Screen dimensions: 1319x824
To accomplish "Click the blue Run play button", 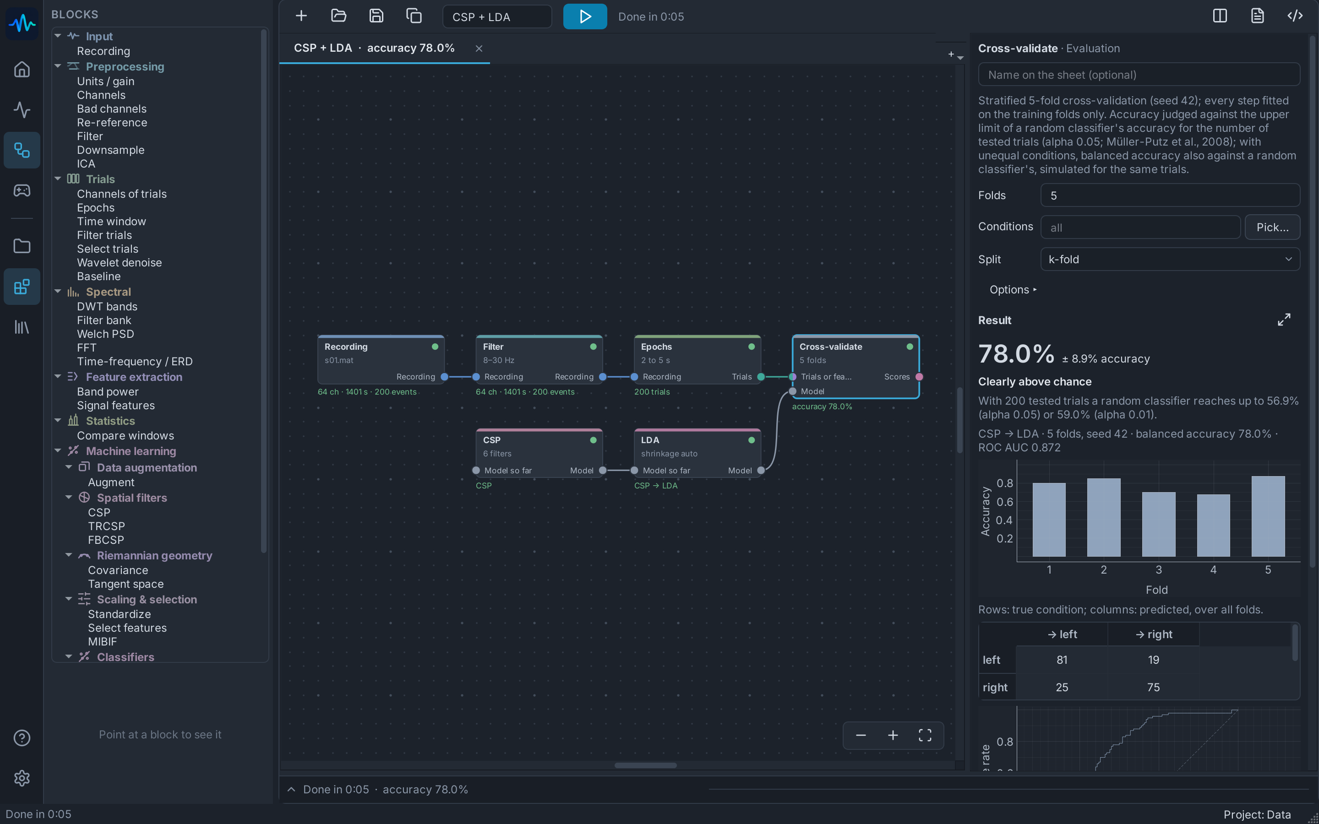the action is coord(585,16).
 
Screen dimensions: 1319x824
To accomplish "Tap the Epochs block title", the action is coord(656,347).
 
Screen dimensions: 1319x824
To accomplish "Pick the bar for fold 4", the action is coord(1213,526).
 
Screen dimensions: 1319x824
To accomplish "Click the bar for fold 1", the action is coord(1049,520).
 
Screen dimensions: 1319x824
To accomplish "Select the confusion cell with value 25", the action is coord(1062,687).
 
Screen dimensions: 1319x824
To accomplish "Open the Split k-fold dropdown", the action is coord(1170,260).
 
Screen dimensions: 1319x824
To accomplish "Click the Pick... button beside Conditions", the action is coord(1272,227).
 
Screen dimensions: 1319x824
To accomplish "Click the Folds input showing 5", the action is coord(1170,195).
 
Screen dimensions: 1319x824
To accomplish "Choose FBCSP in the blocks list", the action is coord(106,540).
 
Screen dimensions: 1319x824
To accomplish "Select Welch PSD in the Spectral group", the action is coord(105,334).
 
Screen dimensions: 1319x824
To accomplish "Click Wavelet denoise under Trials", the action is coord(120,263).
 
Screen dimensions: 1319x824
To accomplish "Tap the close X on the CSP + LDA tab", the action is coord(479,49).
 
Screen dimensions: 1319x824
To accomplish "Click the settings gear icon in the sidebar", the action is coord(22,778).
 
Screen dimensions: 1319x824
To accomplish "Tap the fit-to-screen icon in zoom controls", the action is coord(925,735).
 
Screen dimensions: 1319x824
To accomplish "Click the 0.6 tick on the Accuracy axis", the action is coord(1004,501).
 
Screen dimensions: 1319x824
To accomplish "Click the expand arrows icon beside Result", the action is coord(1284,320).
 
